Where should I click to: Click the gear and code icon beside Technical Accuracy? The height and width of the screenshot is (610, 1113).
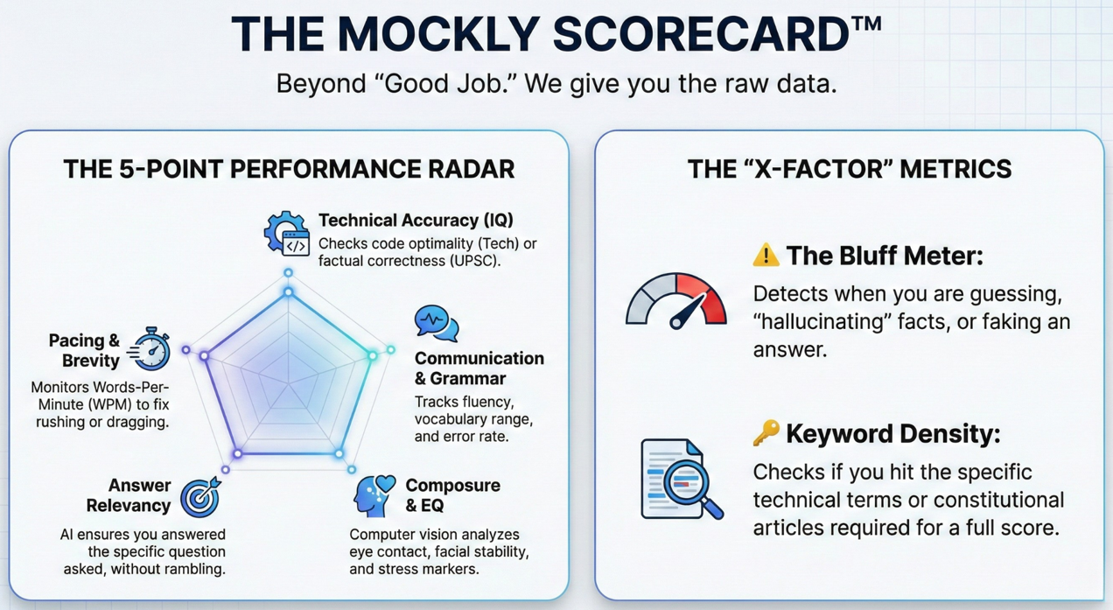point(286,233)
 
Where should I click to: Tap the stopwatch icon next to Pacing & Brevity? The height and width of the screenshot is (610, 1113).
point(149,348)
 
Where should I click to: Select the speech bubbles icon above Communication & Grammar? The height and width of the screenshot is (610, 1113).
point(437,323)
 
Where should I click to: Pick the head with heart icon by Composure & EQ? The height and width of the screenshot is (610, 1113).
point(374,495)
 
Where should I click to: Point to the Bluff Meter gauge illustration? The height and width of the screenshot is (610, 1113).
point(675,301)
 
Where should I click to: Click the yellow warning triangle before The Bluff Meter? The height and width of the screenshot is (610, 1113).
point(766,255)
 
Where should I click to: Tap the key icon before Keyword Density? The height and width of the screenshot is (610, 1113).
point(766,433)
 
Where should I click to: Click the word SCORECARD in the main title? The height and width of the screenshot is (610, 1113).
point(701,34)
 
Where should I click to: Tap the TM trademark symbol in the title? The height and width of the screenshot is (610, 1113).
point(866,24)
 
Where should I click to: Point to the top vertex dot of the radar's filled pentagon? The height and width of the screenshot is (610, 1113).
point(288,292)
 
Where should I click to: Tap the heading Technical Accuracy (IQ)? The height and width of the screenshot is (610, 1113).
point(416,221)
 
